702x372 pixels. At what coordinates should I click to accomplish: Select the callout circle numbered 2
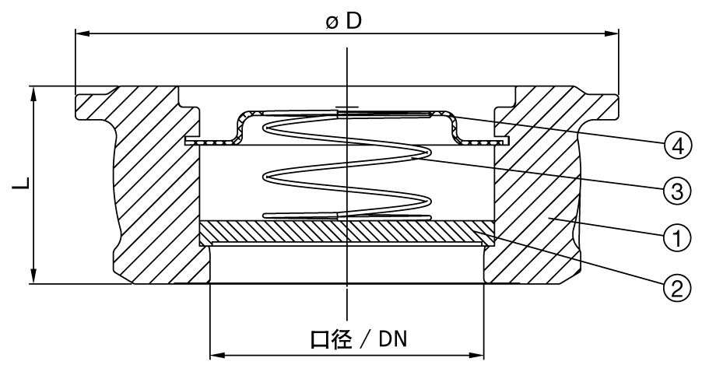677,290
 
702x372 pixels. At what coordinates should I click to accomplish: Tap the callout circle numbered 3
677,190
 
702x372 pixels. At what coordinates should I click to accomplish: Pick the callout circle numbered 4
677,145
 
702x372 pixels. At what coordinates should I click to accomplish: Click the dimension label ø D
343,21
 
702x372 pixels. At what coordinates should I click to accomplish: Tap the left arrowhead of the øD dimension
81,33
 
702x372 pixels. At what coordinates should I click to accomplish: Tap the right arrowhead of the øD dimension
612,33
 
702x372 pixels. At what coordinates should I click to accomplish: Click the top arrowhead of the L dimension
34,92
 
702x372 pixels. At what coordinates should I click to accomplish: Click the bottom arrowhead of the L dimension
34,278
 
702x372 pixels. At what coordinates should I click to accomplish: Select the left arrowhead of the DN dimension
216,356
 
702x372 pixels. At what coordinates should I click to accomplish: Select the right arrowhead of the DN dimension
479,356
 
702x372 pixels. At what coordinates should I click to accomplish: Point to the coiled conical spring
342,167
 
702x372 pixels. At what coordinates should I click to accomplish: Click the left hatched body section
152,187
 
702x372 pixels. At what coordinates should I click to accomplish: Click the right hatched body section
537,187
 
